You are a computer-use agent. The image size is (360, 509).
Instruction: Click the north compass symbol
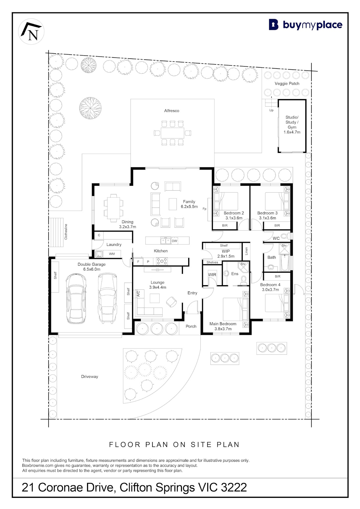tap(31, 32)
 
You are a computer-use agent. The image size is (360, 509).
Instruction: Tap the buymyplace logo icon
tap(273, 25)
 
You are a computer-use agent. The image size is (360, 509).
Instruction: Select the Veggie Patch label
tap(287, 83)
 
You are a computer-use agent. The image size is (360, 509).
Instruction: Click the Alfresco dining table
tap(172, 133)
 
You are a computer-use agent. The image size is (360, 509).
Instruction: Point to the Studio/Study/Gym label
tap(292, 124)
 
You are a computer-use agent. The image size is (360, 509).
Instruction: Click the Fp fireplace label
tap(204, 209)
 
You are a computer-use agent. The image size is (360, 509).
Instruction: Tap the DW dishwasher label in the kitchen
tap(174, 241)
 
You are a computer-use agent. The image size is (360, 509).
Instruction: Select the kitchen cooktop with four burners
tap(162, 261)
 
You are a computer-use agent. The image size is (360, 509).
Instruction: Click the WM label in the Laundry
tap(112, 254)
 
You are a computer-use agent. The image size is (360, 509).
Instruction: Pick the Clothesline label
tap(66, 232)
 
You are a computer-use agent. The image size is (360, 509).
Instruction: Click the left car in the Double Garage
tap(76, 298)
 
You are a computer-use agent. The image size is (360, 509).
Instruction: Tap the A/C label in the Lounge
tap(138, 294)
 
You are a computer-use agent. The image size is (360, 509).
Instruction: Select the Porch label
tap(191, 326)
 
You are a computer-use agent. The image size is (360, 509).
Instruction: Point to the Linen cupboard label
tap(246, 251)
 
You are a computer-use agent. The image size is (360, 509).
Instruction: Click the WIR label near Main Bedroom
tap(212, 274)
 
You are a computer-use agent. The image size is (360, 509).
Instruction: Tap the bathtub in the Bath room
tap(285, 263)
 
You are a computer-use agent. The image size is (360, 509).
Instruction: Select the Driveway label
tap(90, 376)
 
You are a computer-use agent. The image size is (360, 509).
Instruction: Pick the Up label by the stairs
tap(271, 110)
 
